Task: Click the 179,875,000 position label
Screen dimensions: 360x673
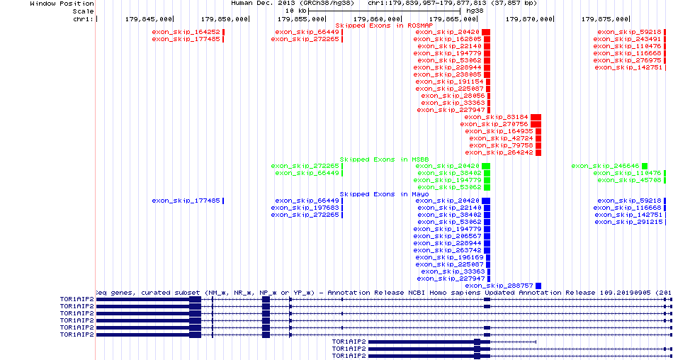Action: pyautogui.click(x=605, y=18)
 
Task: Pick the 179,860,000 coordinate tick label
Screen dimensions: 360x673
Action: pyautogui.click(x=377, y=18)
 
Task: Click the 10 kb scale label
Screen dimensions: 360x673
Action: pyautogui.click(x=296, y=11)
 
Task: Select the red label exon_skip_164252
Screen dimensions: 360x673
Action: pyautogui.click(x=186, y=32)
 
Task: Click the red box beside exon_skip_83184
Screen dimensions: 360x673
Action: pyautogui.click(x=536, y=117)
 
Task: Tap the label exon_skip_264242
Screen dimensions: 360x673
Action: pyautogui.click(x=499, y=152)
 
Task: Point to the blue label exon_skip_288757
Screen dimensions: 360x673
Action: pyautogui.click(x=499, y=286)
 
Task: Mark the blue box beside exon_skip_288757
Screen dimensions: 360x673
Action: pyautogui.click(x=538, y=286)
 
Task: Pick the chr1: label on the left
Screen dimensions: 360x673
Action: pyautogui.click(x=84, y=18)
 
